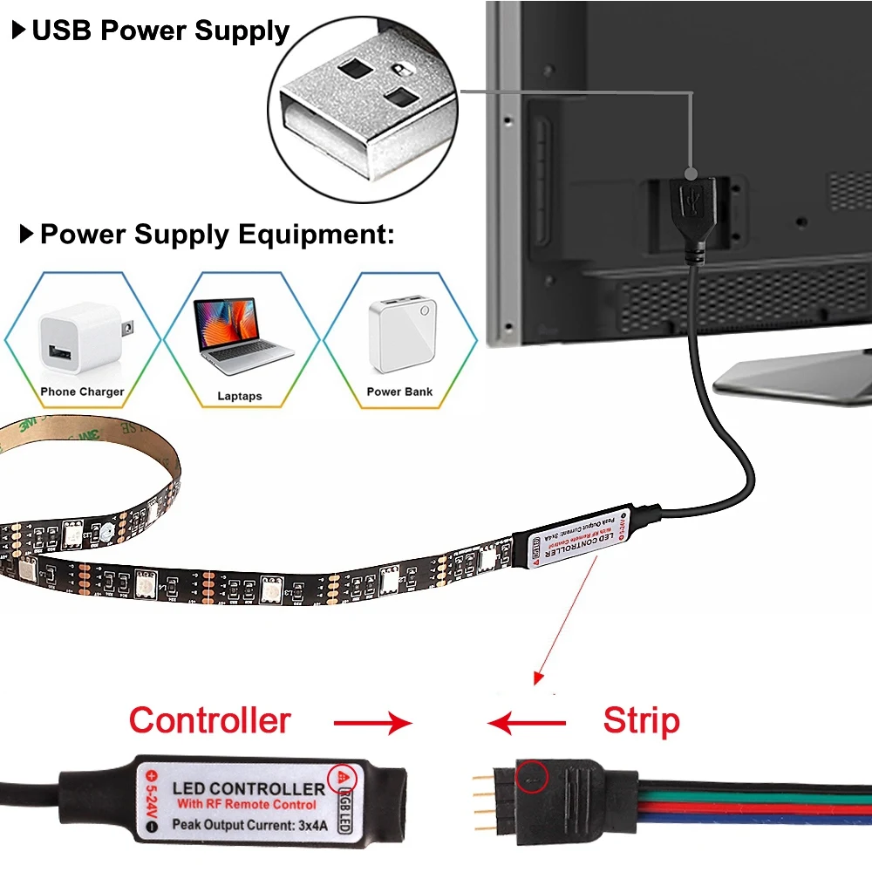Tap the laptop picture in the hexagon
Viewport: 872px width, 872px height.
coord(242,335)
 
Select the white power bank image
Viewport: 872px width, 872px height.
coord(401,336)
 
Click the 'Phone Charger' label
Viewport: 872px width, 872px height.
coord(82,392)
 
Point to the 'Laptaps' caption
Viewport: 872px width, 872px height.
coord(240,396)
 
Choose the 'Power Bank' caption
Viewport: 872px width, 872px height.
coord(399,392)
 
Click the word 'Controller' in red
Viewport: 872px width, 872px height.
coord(209,720)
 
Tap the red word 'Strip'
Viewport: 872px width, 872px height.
coord(641,721)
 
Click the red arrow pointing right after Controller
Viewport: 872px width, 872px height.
coord(371,722)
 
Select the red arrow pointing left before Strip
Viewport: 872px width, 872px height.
coord(527,722)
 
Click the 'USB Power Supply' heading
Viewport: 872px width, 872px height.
coord(160,31)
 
